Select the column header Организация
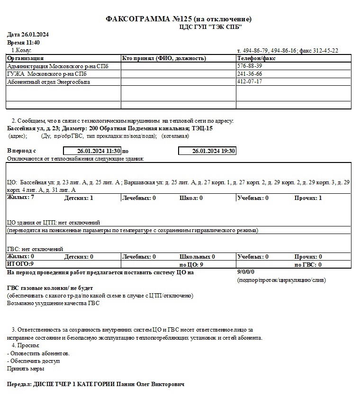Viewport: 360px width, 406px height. [25, 58]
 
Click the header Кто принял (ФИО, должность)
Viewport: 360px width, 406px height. [164, 58]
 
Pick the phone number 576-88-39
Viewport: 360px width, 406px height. [250, 66]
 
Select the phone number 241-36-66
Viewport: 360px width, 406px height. [250, 74]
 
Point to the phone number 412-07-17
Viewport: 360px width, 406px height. [250, 81]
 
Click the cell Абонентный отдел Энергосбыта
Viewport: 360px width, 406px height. [48, 82]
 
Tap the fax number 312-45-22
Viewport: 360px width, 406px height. [324, 50]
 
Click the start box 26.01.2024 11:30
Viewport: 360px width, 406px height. [92, 151]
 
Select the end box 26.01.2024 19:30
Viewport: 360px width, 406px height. [207, 151]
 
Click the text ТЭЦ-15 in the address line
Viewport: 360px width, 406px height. [202, 128]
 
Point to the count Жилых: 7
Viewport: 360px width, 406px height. [20, 197]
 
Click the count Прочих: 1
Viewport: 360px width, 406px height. [308, 198]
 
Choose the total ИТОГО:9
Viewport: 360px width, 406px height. [20, 264]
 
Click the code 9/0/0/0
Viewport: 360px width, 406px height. [246, 272]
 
